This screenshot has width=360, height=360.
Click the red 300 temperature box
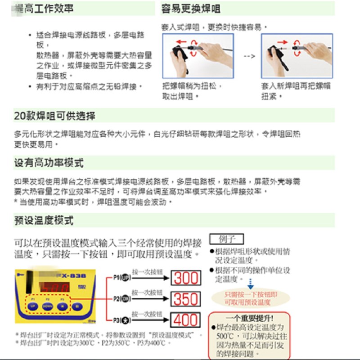[x=186, y=278]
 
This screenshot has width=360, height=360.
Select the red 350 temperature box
[x=186, y=299]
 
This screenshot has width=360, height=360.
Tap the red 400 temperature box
[x=186, y=320]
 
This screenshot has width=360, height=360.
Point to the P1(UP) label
[x=120, y=277]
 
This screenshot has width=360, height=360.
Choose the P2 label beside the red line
[x=120, y=299]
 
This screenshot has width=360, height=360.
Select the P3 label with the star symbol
[x=120, y=320]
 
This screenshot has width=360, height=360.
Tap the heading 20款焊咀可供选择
[x=54, y=116]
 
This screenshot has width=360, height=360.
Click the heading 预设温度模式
[x=44, y=220]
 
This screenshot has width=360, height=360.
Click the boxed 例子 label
[x=227, y=239]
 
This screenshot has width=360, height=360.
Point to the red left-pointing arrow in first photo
[x=181, y=42]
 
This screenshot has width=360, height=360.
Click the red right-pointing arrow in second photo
[x=282, y=42]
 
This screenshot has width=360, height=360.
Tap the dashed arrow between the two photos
[x=249, y=57]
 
